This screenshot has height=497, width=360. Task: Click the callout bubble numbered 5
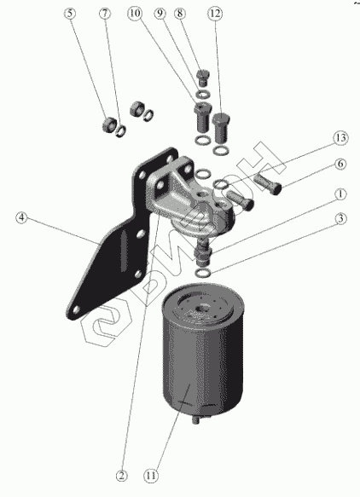pos(70,14)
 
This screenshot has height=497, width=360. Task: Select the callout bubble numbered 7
pos(105,14)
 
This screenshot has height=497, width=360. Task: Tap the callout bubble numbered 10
pos(135,14)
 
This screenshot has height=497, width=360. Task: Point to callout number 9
pos(160,14)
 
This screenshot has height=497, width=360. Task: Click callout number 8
pos(180,14)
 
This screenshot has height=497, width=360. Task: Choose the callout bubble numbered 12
pos(215,14)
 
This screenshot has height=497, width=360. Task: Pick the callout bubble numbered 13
pos(340,138)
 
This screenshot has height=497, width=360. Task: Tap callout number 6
pos(340,164)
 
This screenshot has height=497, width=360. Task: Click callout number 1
pos(340,194)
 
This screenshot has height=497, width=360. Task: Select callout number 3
pos(340,218)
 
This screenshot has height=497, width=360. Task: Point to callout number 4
pos(21,217)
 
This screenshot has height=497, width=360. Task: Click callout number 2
pos(121,476)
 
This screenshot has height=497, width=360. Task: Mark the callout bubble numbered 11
pos(151,476)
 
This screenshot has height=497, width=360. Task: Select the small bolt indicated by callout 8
pos(203,78)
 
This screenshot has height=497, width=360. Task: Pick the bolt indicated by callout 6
pos(268,183)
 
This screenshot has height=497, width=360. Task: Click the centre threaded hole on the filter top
pos(201,308)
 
